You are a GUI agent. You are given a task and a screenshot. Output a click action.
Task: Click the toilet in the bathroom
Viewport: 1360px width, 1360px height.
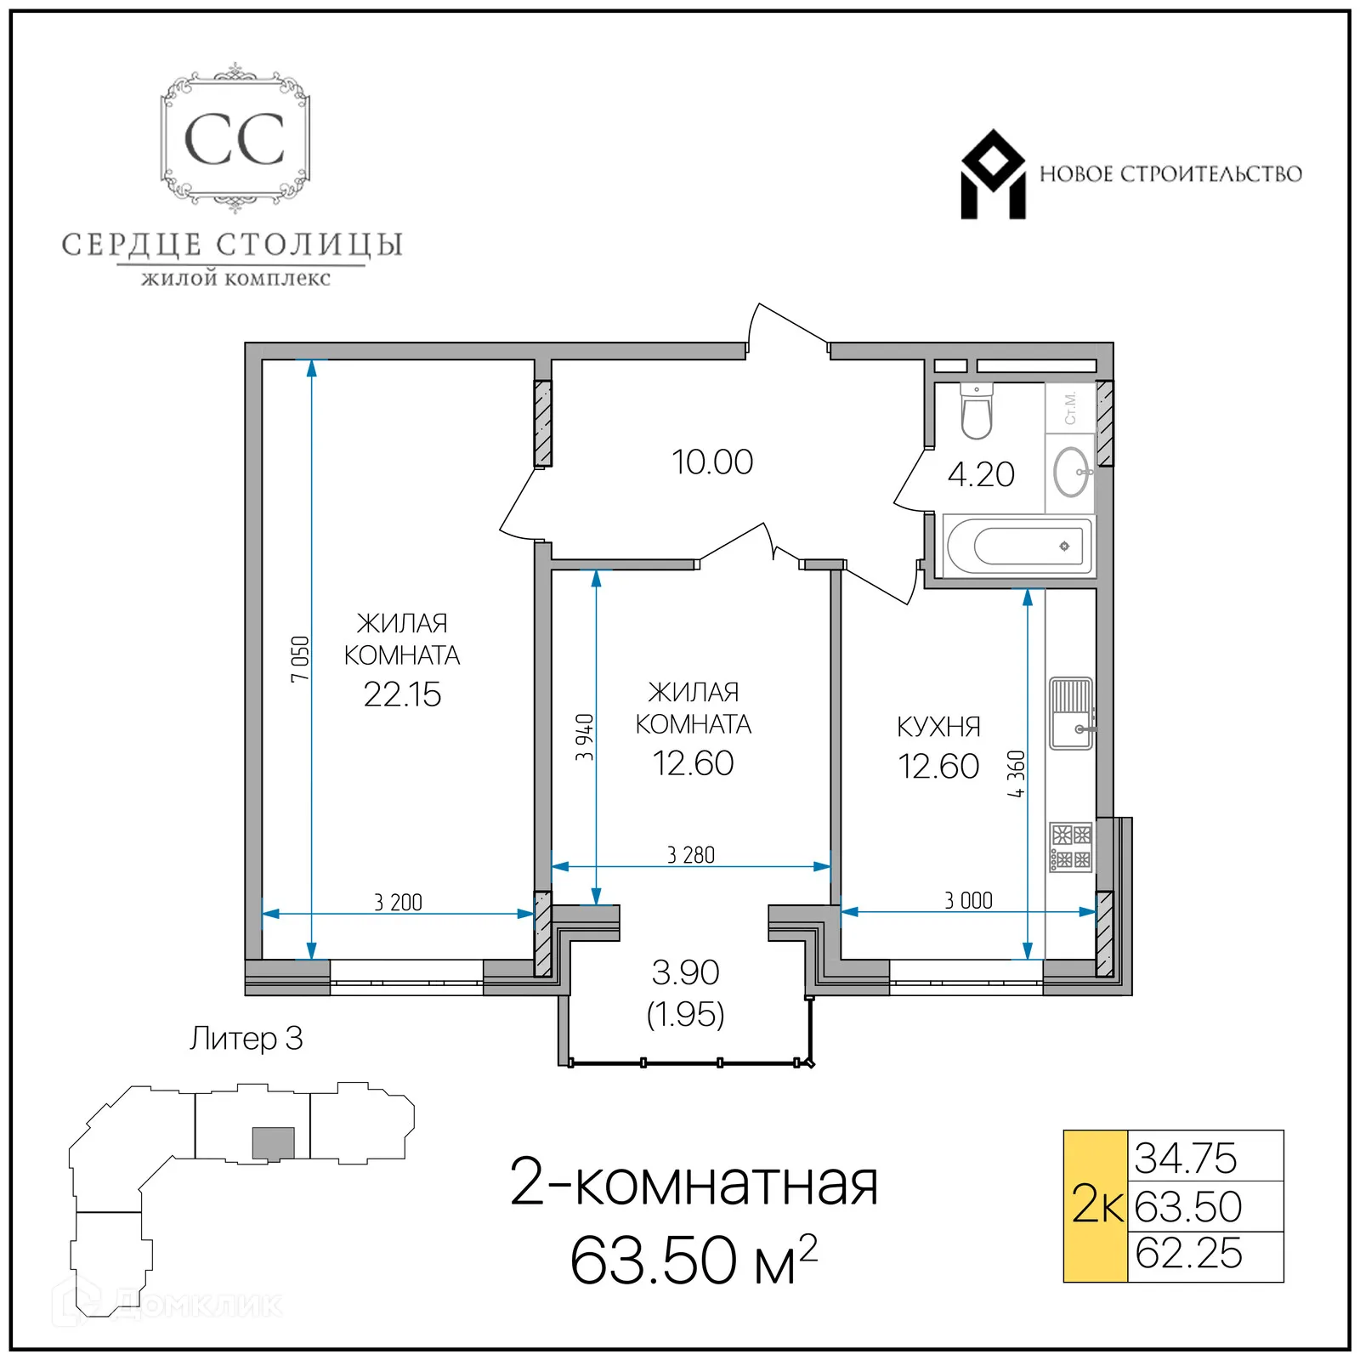coord(976,413)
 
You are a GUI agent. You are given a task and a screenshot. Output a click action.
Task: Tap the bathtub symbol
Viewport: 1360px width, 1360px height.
coord(1017,546)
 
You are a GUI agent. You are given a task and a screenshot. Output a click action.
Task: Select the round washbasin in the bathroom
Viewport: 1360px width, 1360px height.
coord(1071,472)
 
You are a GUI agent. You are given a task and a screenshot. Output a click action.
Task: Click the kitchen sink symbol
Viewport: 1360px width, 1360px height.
coord(1070,713)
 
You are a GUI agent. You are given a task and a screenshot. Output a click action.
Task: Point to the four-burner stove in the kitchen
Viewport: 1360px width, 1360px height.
coord(1070,847)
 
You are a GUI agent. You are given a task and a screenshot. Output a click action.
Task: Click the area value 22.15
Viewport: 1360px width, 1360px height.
coord(402,694)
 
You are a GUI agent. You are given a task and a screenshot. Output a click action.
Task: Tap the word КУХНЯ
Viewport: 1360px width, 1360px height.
coord(938,727)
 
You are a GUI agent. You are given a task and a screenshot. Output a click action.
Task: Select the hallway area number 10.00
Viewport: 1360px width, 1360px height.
coord(712,462)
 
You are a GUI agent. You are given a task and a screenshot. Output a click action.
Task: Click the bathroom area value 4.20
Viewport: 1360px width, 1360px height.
coord(981,474)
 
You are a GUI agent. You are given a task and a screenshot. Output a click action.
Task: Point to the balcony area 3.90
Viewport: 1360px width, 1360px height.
coord(685,972)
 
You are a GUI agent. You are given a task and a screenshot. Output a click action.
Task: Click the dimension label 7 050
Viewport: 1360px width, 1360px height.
coord(300,658)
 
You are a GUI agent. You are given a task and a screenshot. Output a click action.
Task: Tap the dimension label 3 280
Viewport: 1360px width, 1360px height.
coord(690,855)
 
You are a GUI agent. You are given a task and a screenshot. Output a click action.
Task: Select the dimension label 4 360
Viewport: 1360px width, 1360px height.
coord(1016,773)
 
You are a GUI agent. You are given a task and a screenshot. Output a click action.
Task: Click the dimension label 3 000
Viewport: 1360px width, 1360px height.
coord(968,900)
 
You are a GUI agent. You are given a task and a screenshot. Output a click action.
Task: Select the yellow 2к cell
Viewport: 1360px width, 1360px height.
coord(1095,1205)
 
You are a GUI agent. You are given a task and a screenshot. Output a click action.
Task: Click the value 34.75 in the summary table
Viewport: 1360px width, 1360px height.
coord(1186,1158)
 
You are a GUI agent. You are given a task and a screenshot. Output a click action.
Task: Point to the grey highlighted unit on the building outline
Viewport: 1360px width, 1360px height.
coord(273,1142)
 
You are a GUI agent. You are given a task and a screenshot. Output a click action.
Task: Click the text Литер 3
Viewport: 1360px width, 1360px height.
coord(246,1039)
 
